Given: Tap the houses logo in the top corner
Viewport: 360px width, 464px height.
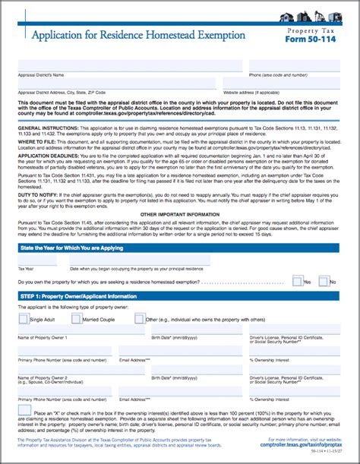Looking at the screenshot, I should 318,17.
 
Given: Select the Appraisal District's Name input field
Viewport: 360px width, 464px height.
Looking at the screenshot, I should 130,66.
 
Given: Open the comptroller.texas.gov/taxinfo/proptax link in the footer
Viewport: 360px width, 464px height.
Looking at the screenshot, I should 303,445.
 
